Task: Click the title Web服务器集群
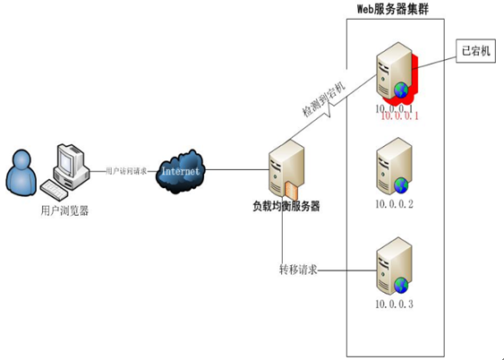point(394,9)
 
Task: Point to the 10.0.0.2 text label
point(394,204)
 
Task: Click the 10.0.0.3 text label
point(394,304)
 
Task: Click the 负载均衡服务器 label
point(286,206)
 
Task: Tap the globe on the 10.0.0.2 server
point(402,186)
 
